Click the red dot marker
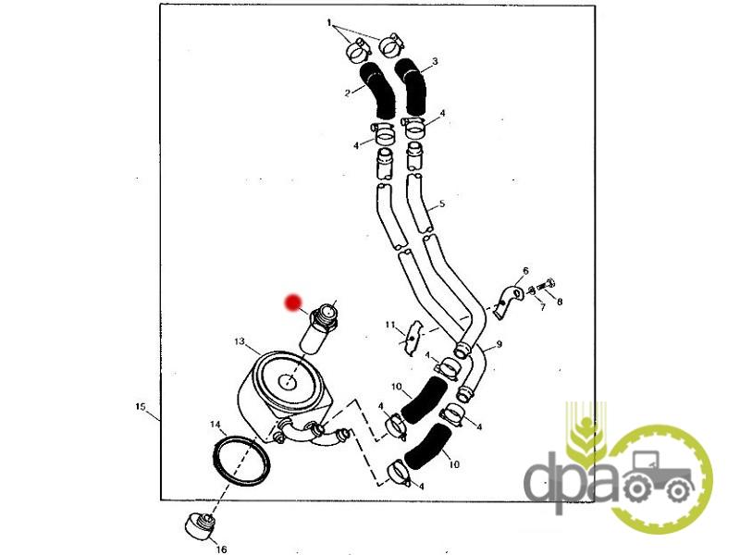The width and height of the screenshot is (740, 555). (293, 303)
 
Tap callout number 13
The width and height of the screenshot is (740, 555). (240, 341)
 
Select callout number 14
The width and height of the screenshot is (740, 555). (216, 425)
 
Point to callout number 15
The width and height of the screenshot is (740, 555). (141, 406)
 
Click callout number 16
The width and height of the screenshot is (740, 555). (221, 549)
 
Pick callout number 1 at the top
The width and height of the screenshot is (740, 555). (329, 22)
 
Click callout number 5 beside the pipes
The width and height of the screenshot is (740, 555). (442, 203)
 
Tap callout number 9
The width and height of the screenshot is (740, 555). (499, 344)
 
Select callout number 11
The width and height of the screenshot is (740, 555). (389, 325)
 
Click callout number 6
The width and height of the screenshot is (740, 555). (525, 271)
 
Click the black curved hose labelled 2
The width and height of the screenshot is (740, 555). (379, 91)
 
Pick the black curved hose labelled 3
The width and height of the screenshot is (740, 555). (412, 87)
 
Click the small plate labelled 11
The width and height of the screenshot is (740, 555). (412, 338)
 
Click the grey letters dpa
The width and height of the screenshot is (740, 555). (572, 477)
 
